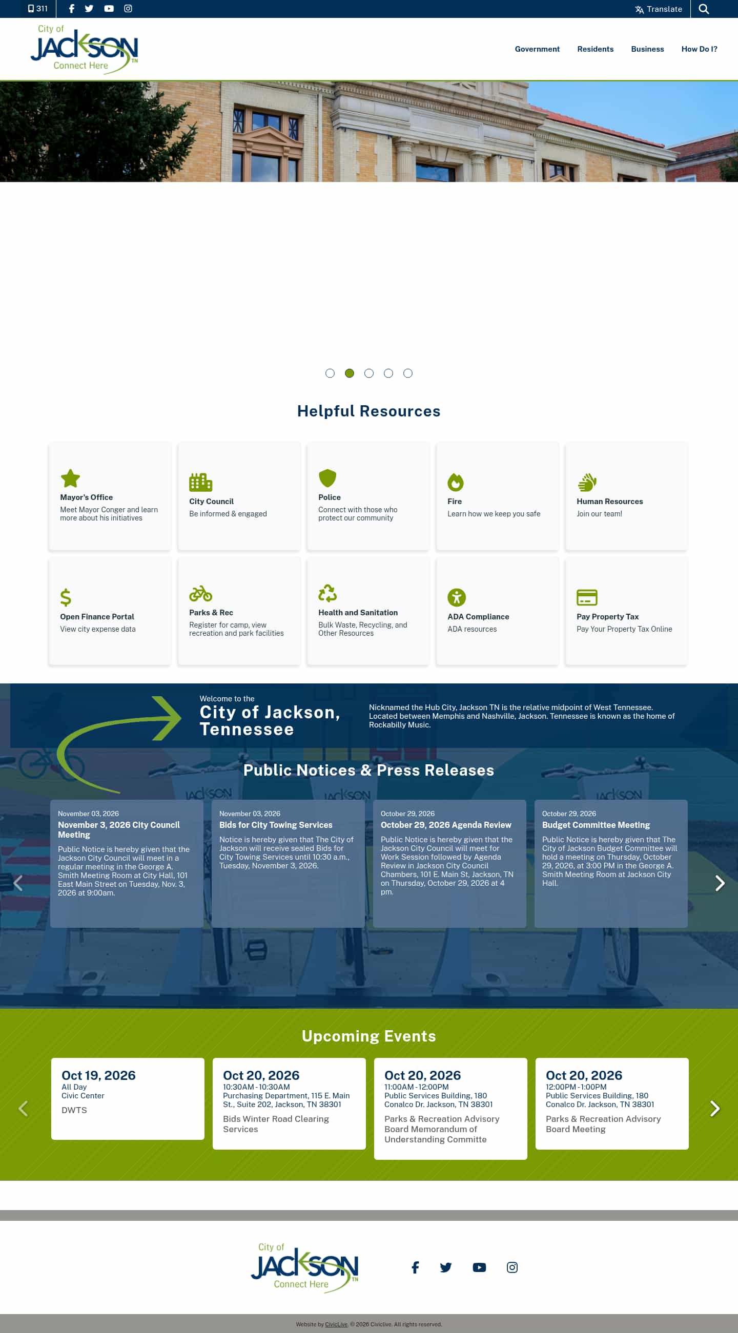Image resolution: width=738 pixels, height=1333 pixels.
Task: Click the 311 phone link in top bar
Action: coord(38,9)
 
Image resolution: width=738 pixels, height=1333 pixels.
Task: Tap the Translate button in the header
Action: coord(658,9)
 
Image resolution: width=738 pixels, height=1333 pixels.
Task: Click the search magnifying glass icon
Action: coord(703,9)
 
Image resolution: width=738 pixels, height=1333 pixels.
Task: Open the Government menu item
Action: coord(537,49)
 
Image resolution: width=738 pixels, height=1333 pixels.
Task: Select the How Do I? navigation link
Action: coord(699,49)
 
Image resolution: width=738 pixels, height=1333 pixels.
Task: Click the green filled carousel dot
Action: coord(350,373)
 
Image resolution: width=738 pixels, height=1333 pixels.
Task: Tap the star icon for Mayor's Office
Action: coord(70,478)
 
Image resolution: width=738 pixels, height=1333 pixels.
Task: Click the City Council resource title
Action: coord(211,502)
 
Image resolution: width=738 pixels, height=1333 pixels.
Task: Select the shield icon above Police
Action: coord(327,478)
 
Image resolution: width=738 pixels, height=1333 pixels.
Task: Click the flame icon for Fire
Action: coord(456,482)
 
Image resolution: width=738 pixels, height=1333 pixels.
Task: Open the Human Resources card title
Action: coord(610,502)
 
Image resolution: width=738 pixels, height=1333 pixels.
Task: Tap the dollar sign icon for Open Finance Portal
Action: coord(66,597)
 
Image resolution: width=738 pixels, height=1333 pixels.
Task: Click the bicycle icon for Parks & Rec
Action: coord(201,594)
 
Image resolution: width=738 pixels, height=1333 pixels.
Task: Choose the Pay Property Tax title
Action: coord(608,617)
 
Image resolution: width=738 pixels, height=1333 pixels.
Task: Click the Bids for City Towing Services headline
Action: coord(276,825)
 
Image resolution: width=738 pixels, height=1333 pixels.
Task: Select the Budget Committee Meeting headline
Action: coord(596,825)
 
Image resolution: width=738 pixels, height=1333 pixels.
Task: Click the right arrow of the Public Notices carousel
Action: coord(720,883)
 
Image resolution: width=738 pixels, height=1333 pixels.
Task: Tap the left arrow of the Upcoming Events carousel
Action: coord(23,1109)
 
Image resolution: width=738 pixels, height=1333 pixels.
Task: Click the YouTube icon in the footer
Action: coord(479,1267)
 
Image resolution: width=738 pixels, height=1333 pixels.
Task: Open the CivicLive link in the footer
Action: coord(336,1325)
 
